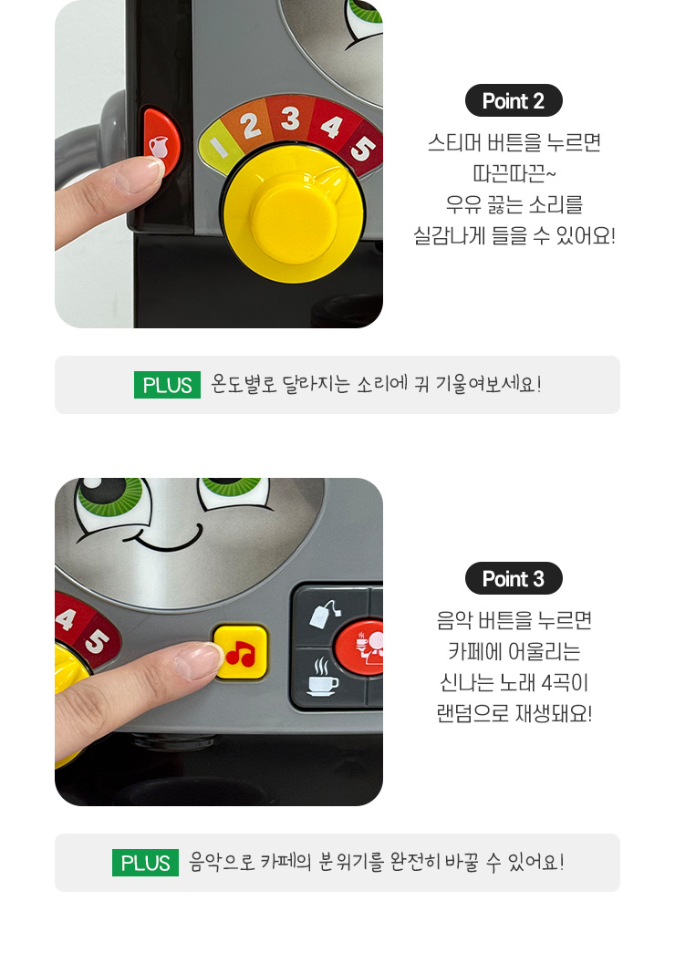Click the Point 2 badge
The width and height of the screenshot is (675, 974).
coord(514,100)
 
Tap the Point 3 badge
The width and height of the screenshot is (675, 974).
coord(514,578)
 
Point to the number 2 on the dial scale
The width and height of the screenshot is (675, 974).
coord(250,125)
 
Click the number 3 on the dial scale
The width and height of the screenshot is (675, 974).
coord(290,118)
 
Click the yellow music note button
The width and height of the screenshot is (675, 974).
coord(241,651)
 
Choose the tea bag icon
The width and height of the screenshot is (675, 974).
coord(325,614)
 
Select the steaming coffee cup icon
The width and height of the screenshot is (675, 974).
coord(323,677)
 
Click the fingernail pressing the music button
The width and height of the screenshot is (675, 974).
coord(198,659)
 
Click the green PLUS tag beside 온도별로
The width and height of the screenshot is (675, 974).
coord(167,385)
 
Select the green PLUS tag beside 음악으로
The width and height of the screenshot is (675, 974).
coord(145,862)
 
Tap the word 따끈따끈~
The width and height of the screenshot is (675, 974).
coord(514,173)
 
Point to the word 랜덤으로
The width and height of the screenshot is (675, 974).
coord(472,713)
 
